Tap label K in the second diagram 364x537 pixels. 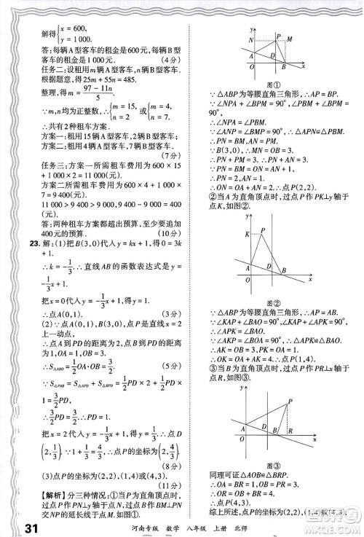click(247, 232)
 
